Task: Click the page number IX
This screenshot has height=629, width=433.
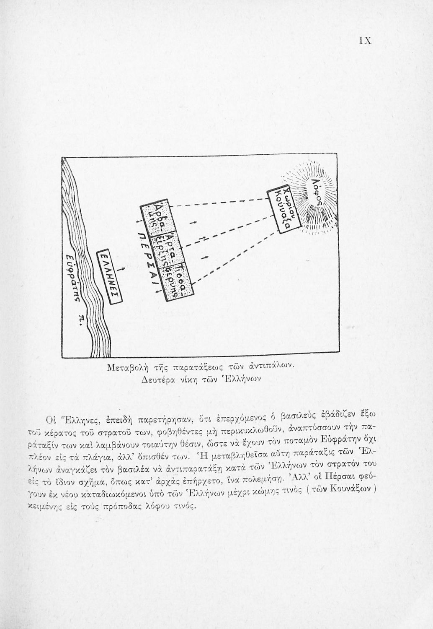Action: [x=365, y=41]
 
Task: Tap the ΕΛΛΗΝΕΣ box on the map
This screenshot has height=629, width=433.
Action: [x=107, y=276]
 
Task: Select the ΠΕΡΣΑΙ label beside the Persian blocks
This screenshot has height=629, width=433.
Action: [x=149, y=260]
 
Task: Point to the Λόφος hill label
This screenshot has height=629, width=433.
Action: [x=318, y=191]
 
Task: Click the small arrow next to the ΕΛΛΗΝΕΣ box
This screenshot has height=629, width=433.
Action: [x=122, y=268]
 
